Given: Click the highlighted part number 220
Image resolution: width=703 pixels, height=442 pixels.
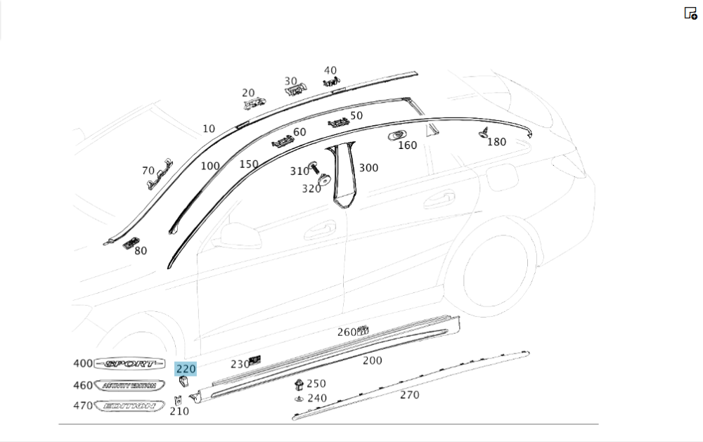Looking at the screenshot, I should click(x=186, y=368).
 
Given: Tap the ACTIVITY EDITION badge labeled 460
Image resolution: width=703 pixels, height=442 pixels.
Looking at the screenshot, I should click(x=129, y=386).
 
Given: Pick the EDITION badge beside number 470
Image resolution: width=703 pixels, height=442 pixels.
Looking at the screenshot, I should click(x=129, y=406).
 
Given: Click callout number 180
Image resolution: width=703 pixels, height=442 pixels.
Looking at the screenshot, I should click(x=496, y=142).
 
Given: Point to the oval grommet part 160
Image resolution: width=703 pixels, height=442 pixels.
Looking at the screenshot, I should click(x=397, y=134).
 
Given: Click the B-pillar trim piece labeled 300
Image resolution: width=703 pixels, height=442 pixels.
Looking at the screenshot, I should click(x=344, y=176).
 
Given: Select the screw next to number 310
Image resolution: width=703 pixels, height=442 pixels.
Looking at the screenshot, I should click(x=314, y=167).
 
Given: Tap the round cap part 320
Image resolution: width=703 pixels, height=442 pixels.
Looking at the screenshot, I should click(x=324, y=181).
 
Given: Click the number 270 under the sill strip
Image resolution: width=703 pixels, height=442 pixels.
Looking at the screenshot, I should click(x=409, y=395).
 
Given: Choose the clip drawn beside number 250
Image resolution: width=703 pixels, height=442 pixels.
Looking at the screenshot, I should click(x=299, y=384).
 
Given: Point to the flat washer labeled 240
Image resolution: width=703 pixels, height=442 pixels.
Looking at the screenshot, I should click(x=299, y=398).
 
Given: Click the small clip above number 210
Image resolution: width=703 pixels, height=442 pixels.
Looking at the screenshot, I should click(x=178, y=401).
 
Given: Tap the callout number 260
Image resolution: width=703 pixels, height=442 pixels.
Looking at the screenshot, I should click(x=347, y=332).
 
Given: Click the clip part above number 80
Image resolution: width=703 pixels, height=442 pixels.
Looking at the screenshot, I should click(x=129, y=243).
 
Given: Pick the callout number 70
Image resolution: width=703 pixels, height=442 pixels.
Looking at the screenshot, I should click(x=148, y=171).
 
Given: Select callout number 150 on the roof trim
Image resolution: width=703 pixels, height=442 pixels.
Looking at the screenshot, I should click(x=248, y=164).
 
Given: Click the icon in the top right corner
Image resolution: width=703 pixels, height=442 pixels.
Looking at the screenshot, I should click(x=690, y=13).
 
